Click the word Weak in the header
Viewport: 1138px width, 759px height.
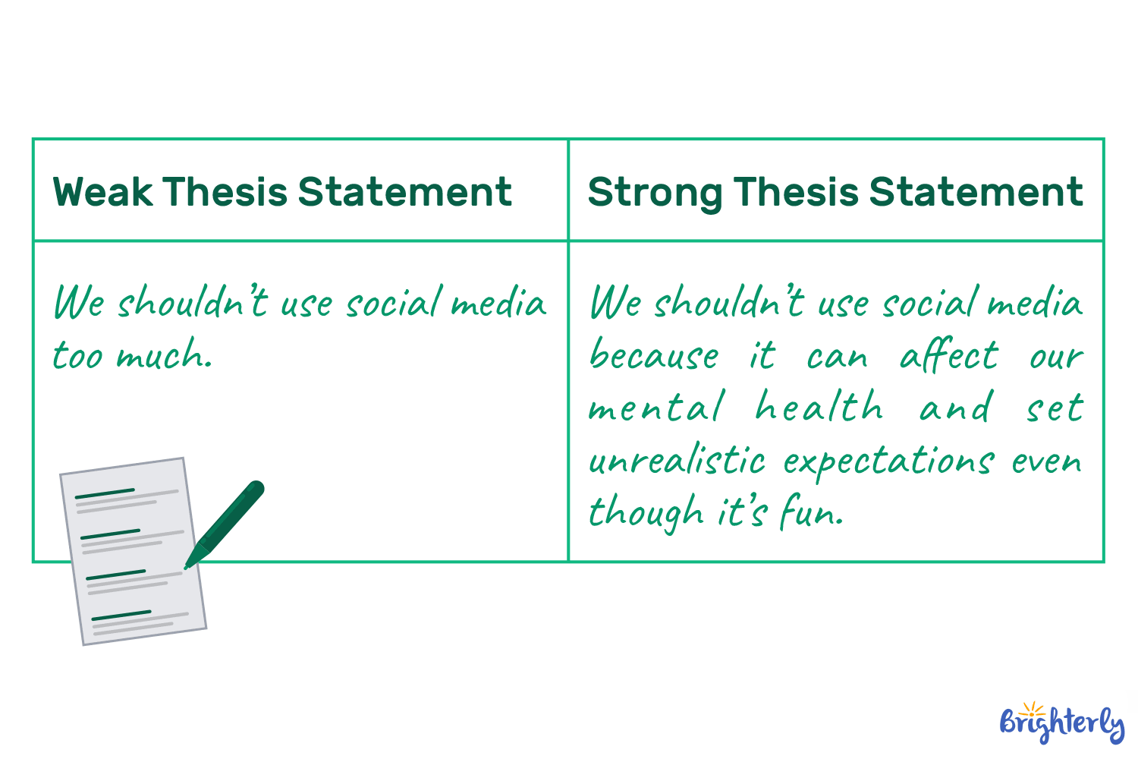tap(102, 191)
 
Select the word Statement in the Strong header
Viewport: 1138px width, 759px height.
tap(976, 191)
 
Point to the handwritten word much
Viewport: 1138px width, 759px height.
tap(163, 355)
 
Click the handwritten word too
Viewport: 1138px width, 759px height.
tap(77, 355)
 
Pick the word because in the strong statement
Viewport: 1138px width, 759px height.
tap(654, 355)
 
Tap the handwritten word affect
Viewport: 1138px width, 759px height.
tap(949, 355)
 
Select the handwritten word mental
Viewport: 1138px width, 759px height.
tap(656, 408)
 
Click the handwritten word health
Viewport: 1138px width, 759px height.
tap(819, 408)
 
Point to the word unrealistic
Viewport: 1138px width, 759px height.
tap(677, 460)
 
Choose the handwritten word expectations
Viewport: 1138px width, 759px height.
tap(888, 461)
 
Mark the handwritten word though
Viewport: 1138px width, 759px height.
tap(646, 513)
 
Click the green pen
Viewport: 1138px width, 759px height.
tap(227, 521)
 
